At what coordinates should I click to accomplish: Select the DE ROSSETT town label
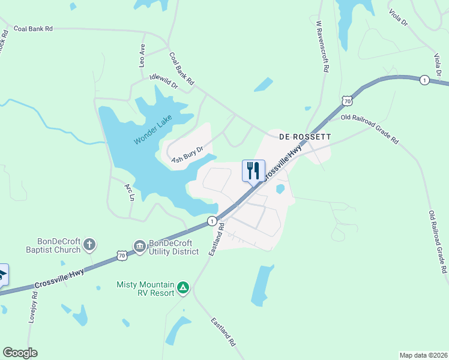305,137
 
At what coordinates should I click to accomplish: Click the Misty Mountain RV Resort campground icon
183,289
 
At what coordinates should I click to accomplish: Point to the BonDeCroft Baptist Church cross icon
89,244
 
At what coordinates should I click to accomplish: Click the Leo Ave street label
142,55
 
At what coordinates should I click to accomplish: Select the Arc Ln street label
129,191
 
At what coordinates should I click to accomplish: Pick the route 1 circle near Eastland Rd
211,221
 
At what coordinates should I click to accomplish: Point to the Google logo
20,353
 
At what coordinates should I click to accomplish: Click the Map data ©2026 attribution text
423,355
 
